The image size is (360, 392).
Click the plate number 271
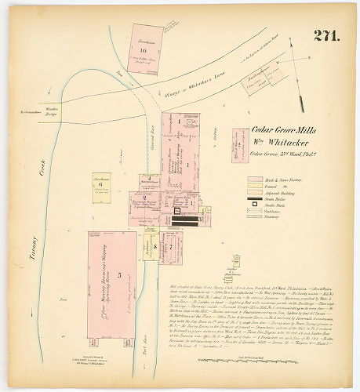pyautogui.click(x=327, y=35)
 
